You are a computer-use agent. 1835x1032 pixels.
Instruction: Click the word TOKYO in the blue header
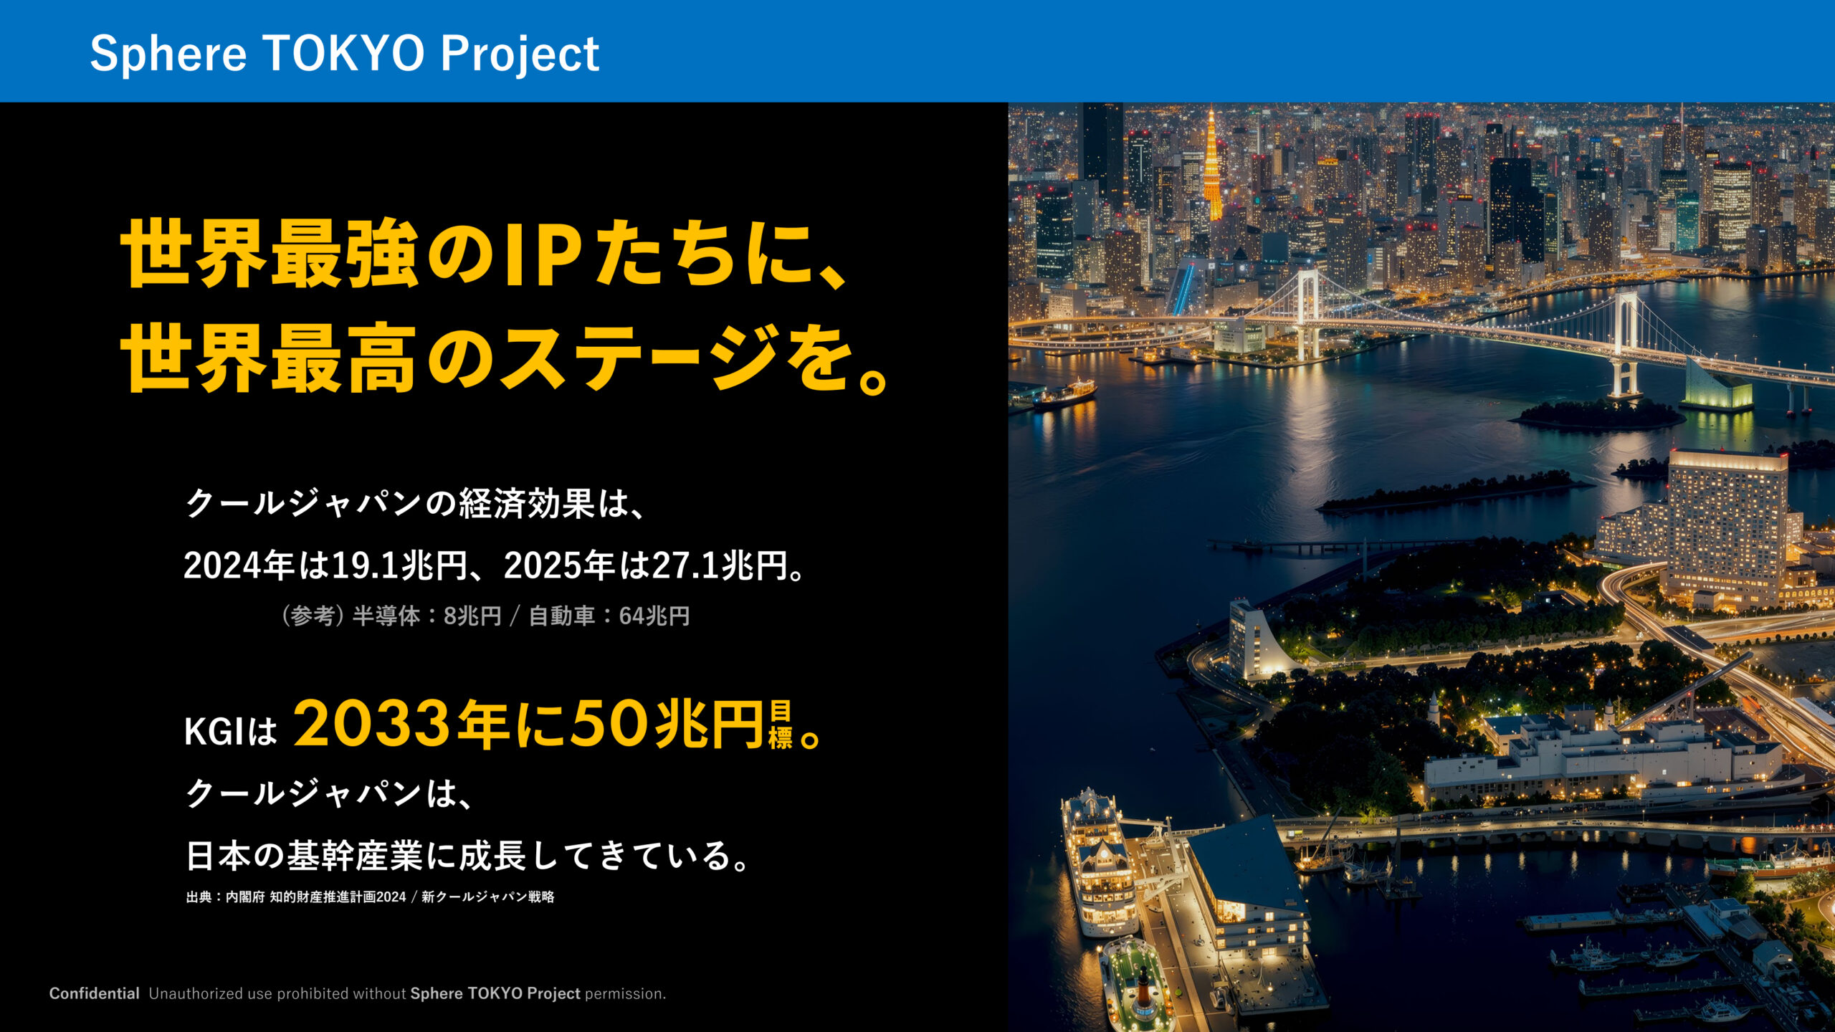click(345, 54)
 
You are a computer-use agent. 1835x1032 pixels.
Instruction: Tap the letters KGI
click(215, 732)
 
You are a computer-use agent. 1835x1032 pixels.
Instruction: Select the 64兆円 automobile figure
click(654, 616)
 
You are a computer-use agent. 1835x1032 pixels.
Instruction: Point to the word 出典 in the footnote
click(198, 897)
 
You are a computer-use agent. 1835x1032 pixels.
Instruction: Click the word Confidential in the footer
click(94, 993)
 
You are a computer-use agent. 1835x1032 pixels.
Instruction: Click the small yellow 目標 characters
click(780, 725)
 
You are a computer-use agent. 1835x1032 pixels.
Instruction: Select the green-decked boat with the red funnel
click(1136, 985)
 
